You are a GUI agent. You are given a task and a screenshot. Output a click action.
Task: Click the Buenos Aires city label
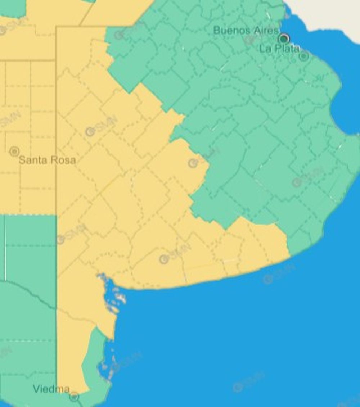tap(246, 30)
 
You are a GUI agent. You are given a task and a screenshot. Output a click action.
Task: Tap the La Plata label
tap(279, 49)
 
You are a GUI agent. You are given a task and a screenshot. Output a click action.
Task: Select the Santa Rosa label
tap(47, 160)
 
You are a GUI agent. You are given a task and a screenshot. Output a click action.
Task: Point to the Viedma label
tap(51, 389)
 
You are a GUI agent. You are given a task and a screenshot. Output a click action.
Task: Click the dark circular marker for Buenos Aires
tap(284, 38)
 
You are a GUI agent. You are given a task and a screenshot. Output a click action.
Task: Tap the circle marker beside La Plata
tap(304, 56)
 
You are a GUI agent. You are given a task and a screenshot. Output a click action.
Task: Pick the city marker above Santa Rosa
tap(14, 151)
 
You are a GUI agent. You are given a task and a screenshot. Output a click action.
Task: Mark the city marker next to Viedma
tap(74, 397)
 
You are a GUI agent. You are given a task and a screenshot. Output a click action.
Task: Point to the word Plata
tap(287, 49)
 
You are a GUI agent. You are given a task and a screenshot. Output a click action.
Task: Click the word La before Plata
tap(265, 49)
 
